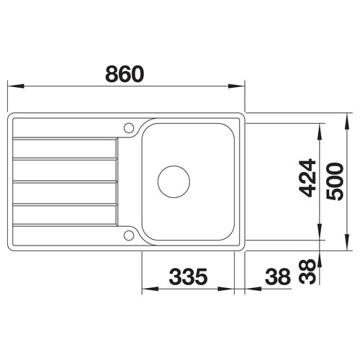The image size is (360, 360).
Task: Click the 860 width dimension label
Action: [x=125, y=74]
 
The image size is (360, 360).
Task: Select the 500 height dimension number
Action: [x=335, y=181]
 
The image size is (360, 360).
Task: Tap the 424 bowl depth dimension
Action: [x=307, y=178]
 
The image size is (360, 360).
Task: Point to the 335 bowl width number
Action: [x=188, y=276]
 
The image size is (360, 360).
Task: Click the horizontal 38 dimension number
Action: [x=278, y=276]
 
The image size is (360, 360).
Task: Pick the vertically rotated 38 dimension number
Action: [x=307, y=271]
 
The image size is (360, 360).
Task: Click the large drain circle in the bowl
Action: [x=174, y=181]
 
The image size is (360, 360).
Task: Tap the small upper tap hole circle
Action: [x=129, y=128]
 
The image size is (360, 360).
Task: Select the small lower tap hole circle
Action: [x=129, y=235]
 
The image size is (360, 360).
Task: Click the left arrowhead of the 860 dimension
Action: [x=16, y=86]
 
